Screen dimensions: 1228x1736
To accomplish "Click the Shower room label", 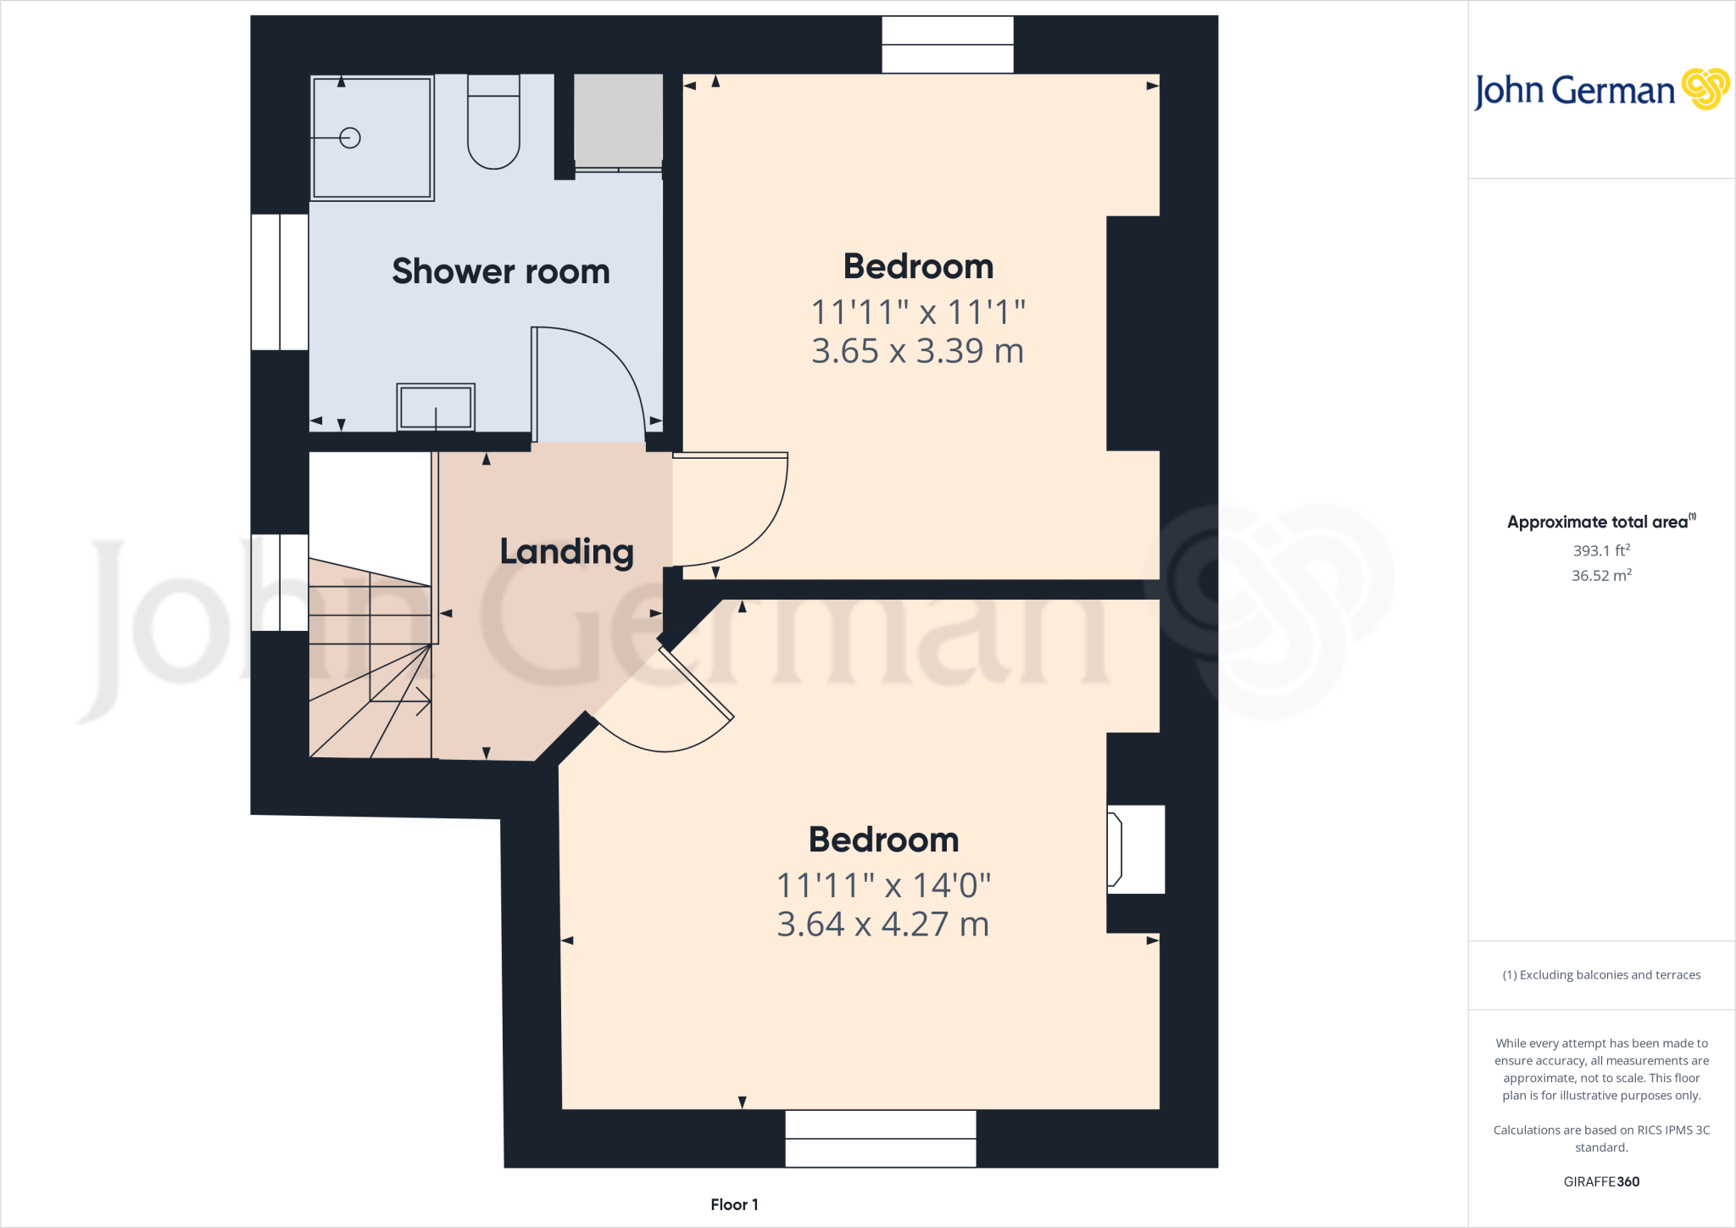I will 500,271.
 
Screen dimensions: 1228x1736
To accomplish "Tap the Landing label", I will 566,552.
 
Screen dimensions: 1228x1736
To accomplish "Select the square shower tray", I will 372,137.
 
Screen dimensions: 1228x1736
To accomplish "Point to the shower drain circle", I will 350,137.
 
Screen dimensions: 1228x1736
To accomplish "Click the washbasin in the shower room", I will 436,407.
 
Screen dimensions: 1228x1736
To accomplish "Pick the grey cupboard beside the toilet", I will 618,120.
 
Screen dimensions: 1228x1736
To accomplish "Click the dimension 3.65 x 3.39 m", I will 918,351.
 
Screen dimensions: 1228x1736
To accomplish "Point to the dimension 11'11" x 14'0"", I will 883,886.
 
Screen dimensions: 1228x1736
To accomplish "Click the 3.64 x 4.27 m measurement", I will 883,924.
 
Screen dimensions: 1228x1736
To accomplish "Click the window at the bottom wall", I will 881,1138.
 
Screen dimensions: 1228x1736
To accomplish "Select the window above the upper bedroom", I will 948,45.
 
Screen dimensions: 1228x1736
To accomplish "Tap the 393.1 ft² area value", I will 1601,550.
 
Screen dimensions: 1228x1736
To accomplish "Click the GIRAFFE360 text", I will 1601,1181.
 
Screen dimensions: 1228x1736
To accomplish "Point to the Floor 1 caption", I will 734,1204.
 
